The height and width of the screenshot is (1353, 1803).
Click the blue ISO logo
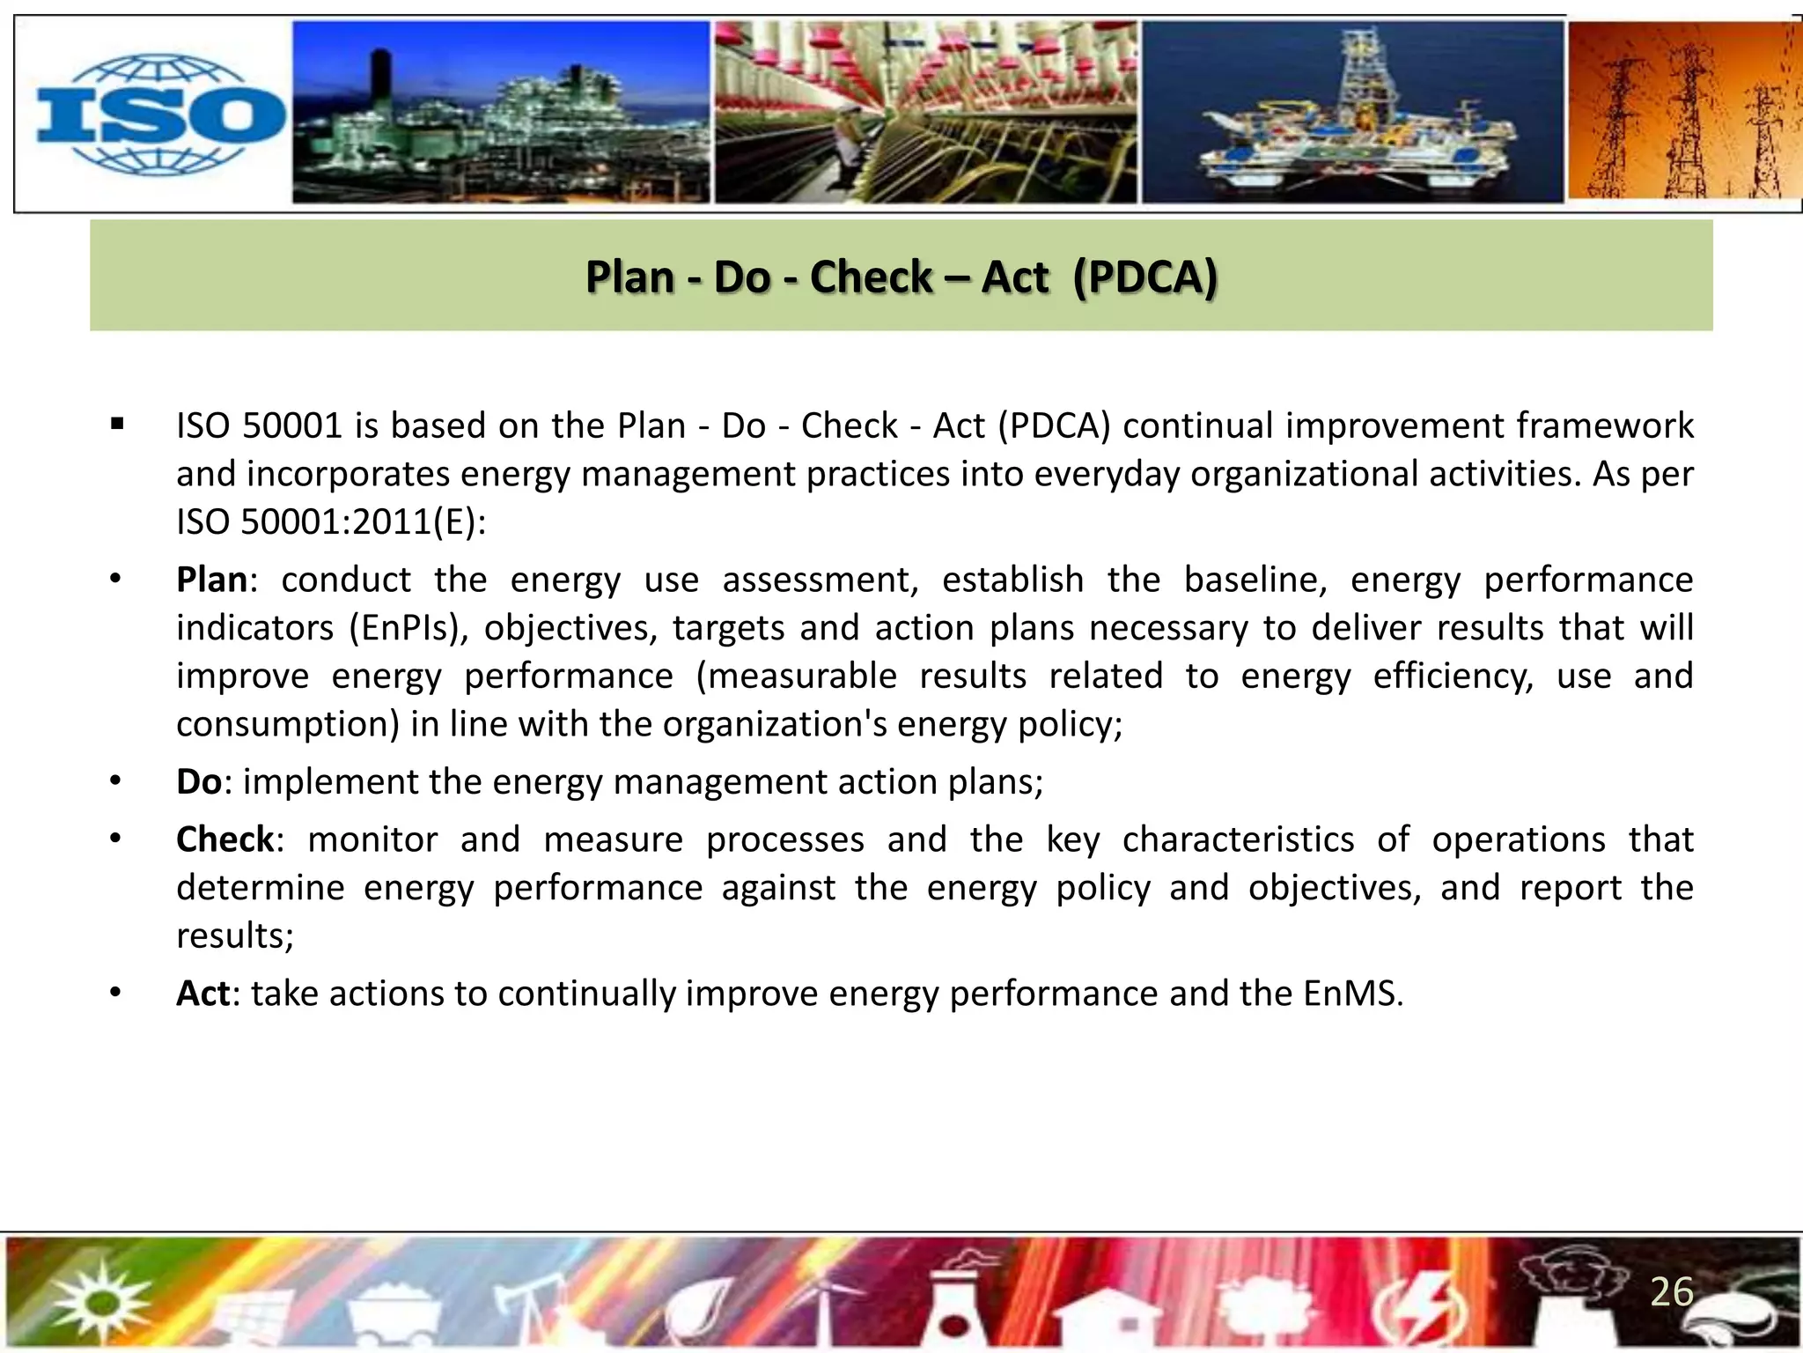point(158,115)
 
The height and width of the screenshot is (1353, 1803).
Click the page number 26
point(1671,1292)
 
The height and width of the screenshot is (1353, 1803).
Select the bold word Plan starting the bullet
point(211,580)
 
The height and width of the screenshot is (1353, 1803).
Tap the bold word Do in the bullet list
point(199,782)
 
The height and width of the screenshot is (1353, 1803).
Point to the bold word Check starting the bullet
point(225,839)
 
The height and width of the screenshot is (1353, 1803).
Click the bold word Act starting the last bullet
point(203,994)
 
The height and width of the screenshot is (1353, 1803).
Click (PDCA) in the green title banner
point(1144,277)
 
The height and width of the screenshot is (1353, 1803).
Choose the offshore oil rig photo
point(1352,113)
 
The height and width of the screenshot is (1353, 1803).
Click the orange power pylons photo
point(1683,113)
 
